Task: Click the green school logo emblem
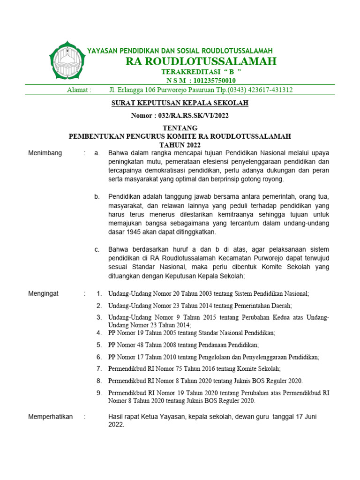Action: [x=67, y=61]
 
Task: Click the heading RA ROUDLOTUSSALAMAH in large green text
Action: [x=201, y=61]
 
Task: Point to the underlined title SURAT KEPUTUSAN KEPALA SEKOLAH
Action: [x=180, y=103]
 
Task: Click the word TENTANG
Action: [x=180, y=128]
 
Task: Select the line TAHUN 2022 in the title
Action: [x=180, y=144]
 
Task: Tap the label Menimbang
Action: [x=45, y=153]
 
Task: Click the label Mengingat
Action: [x=44, y=293]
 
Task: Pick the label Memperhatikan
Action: [x=50, y=417]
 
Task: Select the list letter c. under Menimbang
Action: [x=97, y=249]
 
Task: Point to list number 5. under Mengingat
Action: [x=99, y=345]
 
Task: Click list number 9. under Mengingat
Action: [x=99, y=393]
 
